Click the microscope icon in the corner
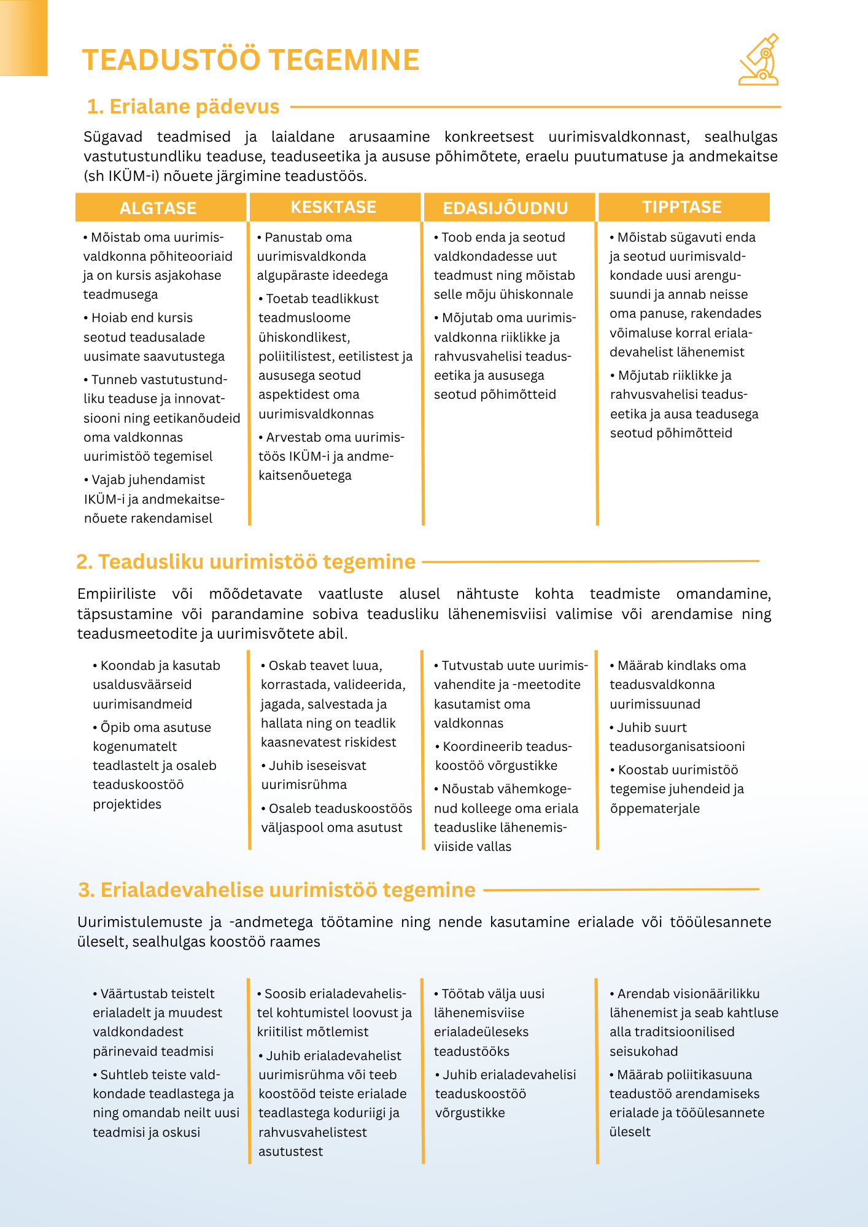[759, 60]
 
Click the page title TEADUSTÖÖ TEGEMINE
[250, 60]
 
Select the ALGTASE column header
[158, 208]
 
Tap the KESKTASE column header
[333, 207]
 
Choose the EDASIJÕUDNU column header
[505, 208]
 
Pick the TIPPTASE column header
[682, 207]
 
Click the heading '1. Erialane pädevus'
[183, 107]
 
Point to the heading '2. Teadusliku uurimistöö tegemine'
[246, 561]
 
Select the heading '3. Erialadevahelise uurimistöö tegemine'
[276, 890]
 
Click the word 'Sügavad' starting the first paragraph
[113, 137]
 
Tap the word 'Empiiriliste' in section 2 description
[116, 594]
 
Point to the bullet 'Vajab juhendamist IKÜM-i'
[153, 499]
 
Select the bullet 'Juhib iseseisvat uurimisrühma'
[313, 775]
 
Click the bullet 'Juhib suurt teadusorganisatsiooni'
[676, 737]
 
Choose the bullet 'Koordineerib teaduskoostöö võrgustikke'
[503, 756]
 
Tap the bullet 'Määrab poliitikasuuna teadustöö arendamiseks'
[686, 1103]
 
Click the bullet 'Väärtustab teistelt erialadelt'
[157, 1022]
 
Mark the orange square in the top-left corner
[23, 37]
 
